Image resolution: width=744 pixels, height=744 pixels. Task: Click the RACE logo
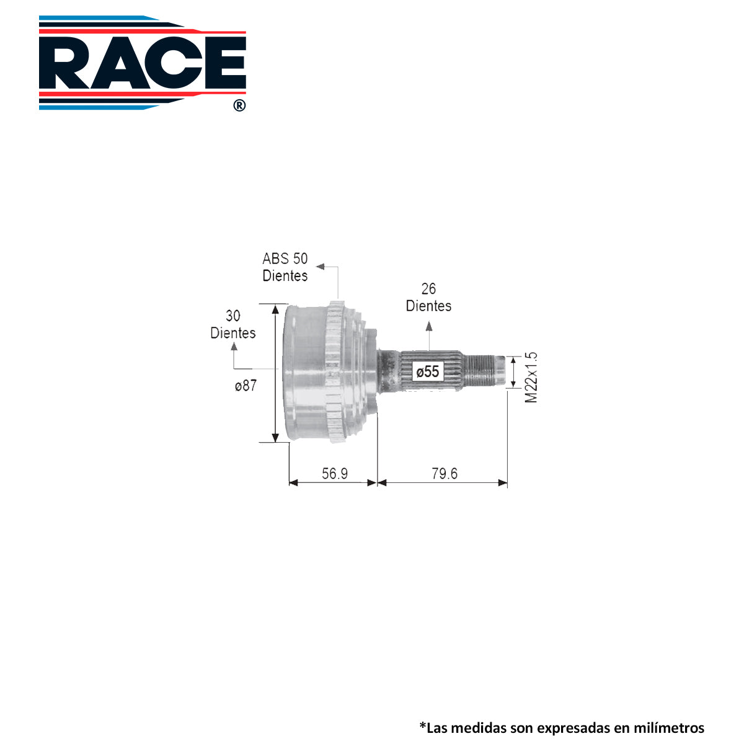[x=143, y=63]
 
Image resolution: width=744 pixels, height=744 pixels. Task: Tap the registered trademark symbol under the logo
[x=239, y=105]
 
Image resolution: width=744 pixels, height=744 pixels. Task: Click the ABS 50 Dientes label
[x=285, y=267]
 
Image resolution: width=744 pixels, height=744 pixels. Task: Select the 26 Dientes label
[x=428, y=298]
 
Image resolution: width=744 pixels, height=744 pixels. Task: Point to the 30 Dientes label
[x=233, y=324]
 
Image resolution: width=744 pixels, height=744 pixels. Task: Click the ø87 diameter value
[x=246, y=385]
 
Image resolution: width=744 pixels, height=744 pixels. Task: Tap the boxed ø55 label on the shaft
[x=428, y=371]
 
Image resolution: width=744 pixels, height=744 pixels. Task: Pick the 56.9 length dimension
[x=335, y=473]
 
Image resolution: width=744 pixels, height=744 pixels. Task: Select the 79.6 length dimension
[x=445, y=473]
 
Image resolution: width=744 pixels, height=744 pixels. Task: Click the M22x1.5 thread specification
[x=531, y=377]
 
